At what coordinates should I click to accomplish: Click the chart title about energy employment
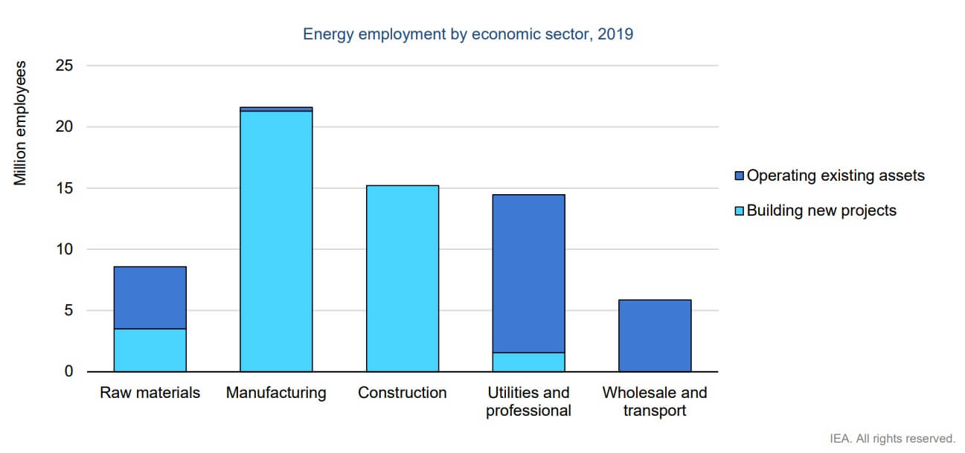(x=468, y=34)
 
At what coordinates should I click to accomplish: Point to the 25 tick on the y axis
(x=65, y=65)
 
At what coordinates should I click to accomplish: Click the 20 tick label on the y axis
(x=65, y=126)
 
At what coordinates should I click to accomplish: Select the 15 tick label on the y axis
(x=65, y=188)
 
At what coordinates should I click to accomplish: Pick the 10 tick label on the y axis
(x=65, y=249)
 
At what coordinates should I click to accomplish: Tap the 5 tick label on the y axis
(x=69, y=310)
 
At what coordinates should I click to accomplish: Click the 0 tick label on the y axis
(x=69, y=371)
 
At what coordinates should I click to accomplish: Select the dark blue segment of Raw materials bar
(x=150, y=298)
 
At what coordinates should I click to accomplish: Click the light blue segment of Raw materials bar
(x=150, y=350)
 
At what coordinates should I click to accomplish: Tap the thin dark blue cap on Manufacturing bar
(x=276, y=109)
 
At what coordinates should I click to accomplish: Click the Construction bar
(x=403, y=279)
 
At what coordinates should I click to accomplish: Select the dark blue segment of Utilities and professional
(x=528, y=273)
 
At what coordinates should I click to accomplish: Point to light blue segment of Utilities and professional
(x=528, y=362)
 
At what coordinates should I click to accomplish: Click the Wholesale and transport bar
(x=655, y=335)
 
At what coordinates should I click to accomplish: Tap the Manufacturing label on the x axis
(x=276, y=393)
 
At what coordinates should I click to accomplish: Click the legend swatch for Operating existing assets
(x=740, y=176)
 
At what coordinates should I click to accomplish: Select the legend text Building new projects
(x=821, y=211)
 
